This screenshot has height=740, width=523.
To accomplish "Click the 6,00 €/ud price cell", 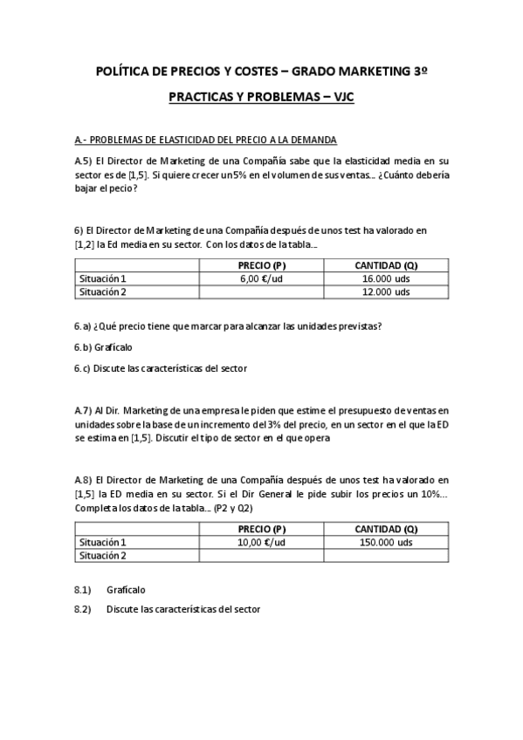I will pyautogui.click(x=262, y=278).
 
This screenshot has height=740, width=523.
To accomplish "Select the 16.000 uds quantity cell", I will pyautogui.click(x=386, y=278).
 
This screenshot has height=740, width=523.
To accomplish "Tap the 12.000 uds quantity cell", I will pyautogui.click(x=386, y=292).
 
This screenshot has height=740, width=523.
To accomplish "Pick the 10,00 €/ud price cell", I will pyautogui.click(x=262, y=542).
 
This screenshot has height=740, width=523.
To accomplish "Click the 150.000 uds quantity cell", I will pyautogui.click(x=386, y=542).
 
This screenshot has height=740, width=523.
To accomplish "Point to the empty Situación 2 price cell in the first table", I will pyautogui.click(x=262, y=292).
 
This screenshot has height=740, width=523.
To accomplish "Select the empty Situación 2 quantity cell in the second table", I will pyautogui.click(x=386, y=555).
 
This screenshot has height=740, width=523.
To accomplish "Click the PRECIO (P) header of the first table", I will pyautogui.click(x=262, y=265).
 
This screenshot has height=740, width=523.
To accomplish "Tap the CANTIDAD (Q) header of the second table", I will pyautogui.click(x=386, y=529).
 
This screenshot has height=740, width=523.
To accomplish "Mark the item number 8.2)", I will pyautogui.click(x=83, y=609).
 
